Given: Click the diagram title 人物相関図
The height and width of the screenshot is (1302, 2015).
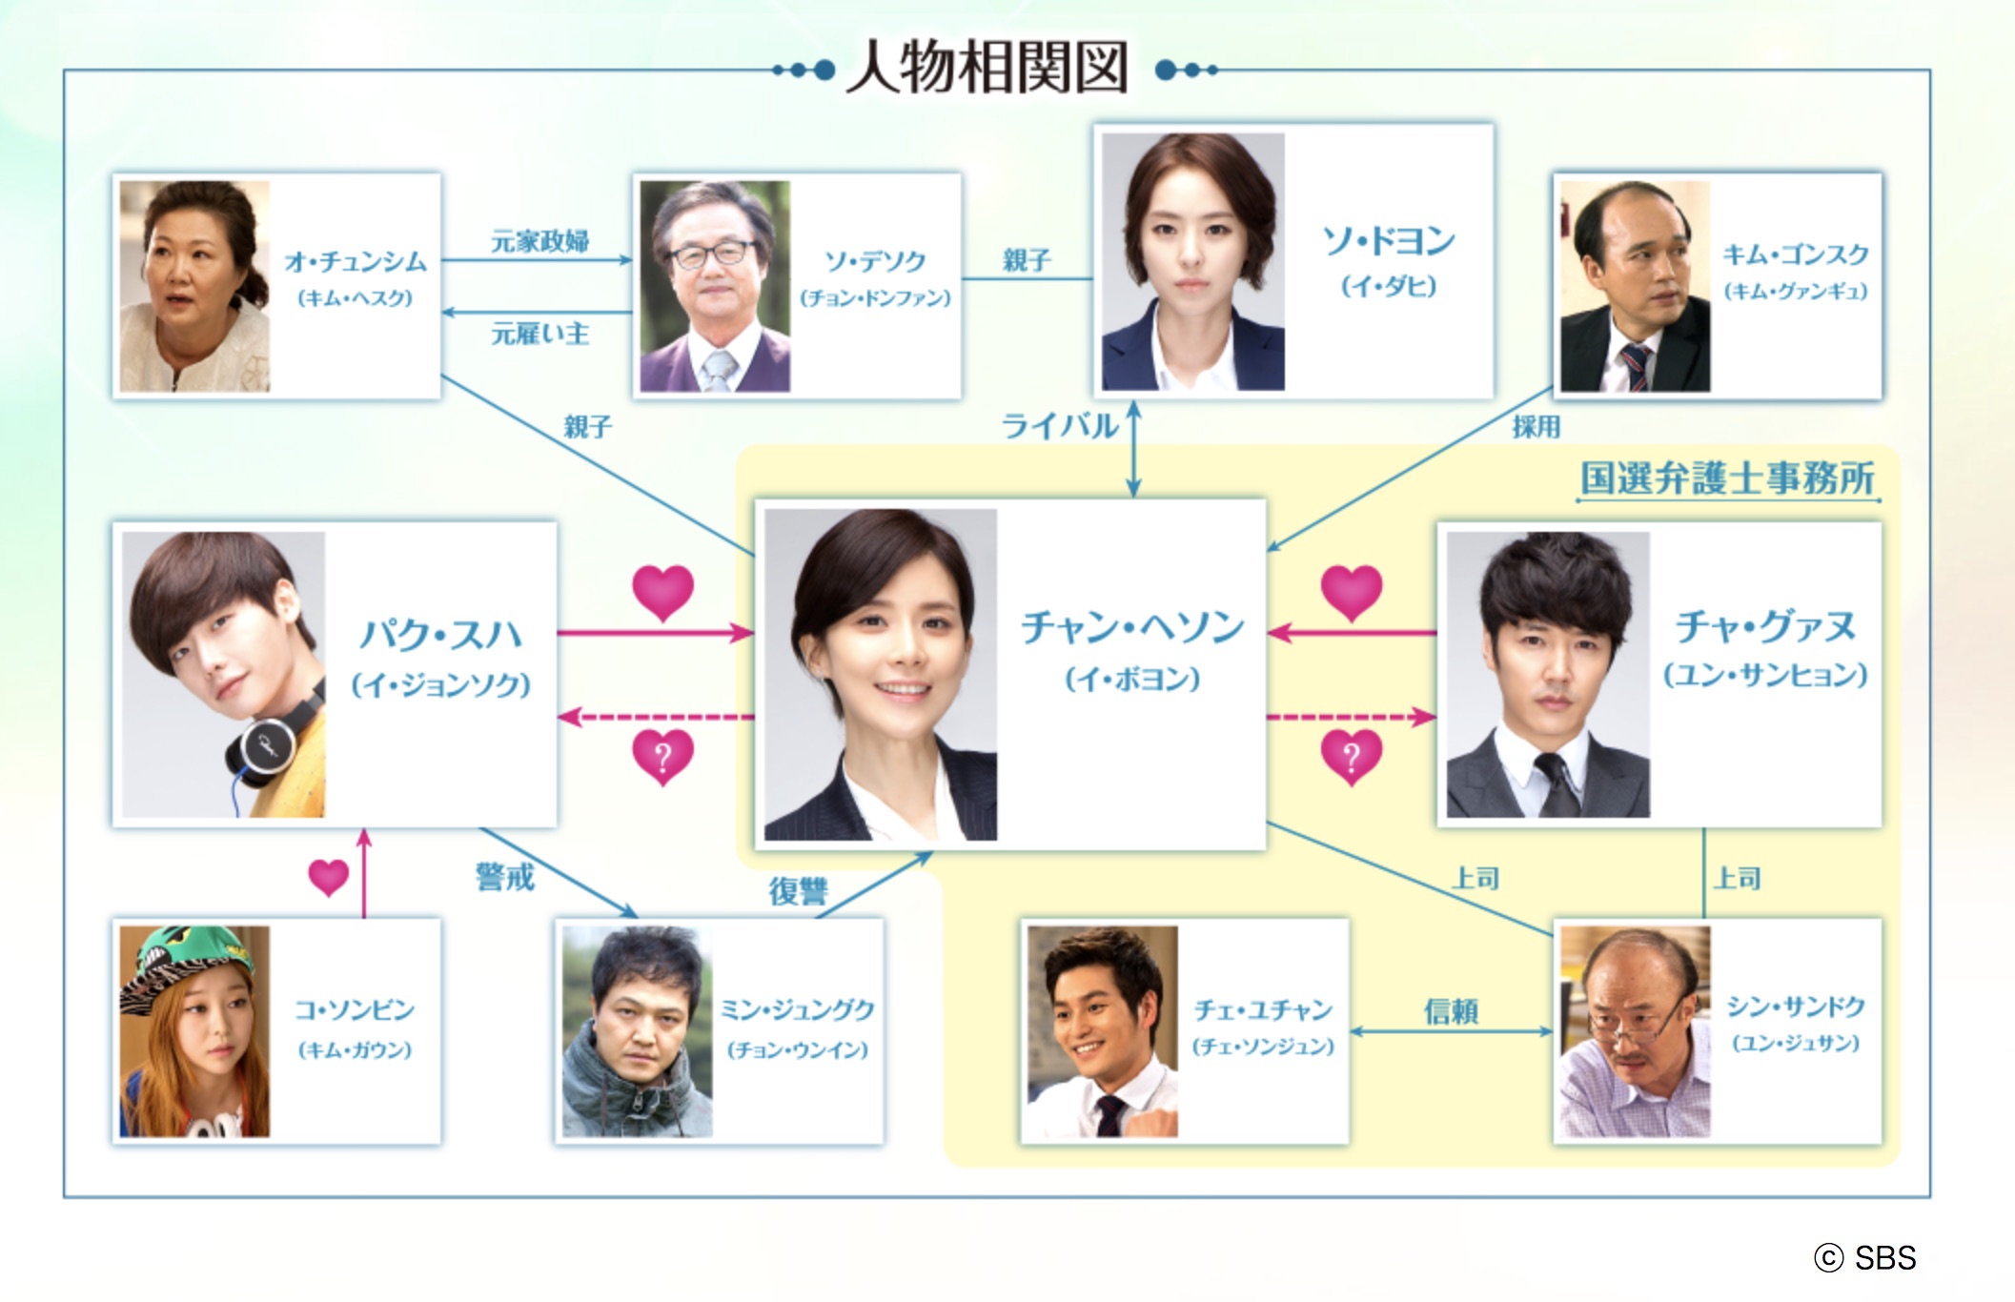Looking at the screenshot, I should click(x=987, y=68).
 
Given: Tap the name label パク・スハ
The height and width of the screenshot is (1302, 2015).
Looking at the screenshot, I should click(x=440, y=635).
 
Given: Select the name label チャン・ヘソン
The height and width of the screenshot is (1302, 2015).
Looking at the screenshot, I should click(x=1132, y=628).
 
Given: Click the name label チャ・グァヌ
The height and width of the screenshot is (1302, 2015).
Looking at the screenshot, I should click(x=1765, y=627).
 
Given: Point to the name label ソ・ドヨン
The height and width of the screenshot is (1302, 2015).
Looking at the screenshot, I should click(x=1388, y=241).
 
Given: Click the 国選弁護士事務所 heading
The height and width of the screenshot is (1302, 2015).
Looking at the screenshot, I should click(x=1727, y=478).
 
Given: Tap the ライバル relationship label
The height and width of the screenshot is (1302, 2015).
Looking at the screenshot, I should click(x=1059, y=426).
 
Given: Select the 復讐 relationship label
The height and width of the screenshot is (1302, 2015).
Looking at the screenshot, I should click(x=798, y=891).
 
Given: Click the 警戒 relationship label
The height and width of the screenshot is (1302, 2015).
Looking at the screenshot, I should click(x=504, y=876).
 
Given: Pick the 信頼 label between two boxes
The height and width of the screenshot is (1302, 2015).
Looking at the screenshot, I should click(x=1451, y=1010).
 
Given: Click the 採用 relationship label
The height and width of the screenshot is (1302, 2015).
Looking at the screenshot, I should click(x=1536, y=426).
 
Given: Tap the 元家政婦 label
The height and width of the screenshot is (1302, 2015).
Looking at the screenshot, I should click(x=539, y=241).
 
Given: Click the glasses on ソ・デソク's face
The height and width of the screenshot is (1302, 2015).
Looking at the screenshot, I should click(x=713, y=254).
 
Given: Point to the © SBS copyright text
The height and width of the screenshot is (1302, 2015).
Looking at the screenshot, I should click(x=1864, y=1258).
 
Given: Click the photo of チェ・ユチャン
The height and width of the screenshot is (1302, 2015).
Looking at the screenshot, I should click(x=1102, y=1031).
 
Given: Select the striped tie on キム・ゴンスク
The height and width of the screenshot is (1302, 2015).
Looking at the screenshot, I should click(x=1636, y=366).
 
